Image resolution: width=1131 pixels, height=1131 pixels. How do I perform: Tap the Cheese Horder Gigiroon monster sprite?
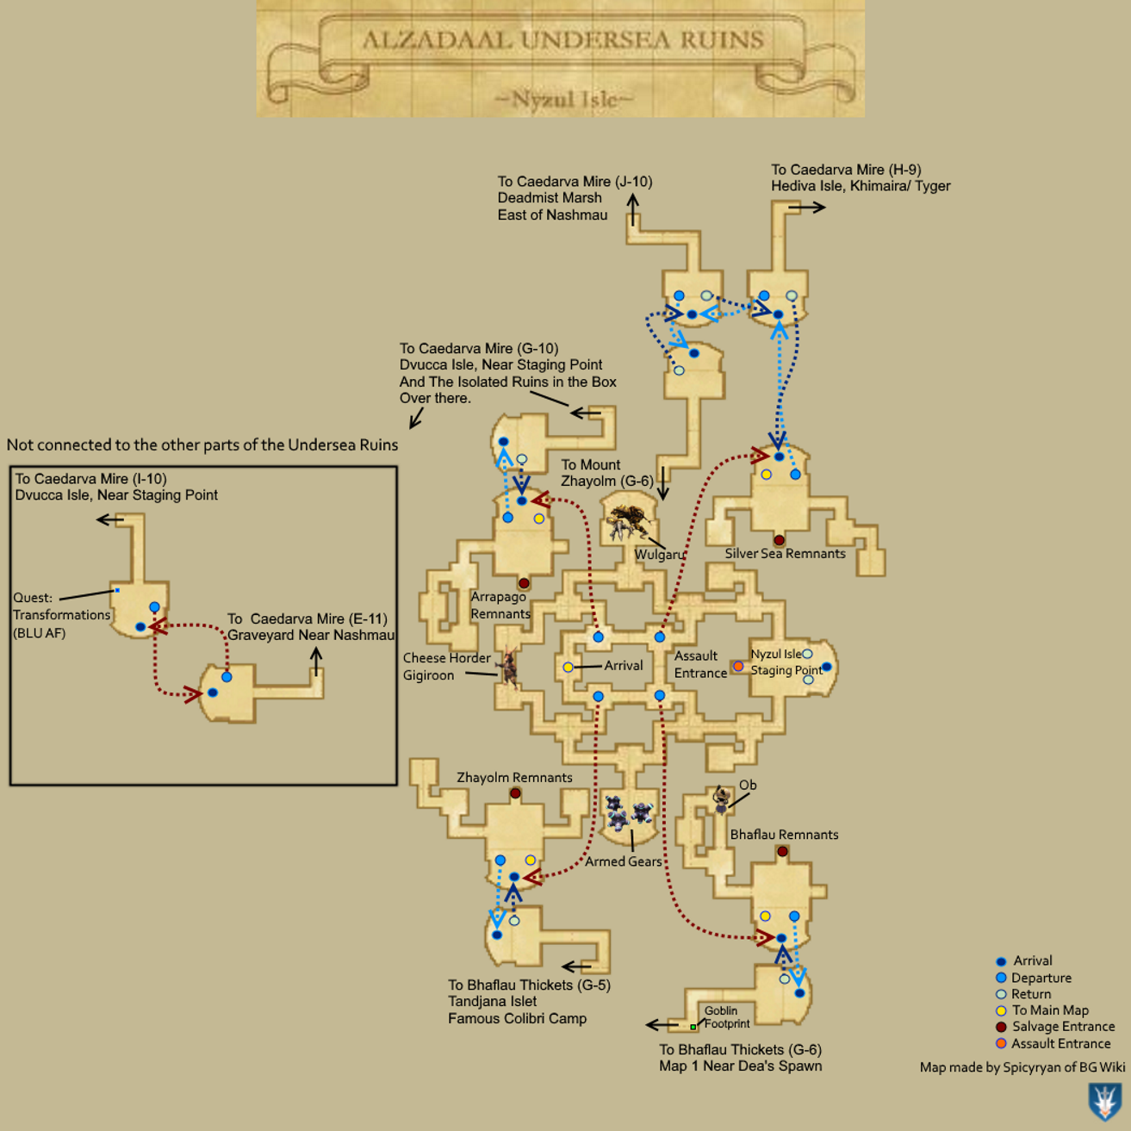coord(508,668)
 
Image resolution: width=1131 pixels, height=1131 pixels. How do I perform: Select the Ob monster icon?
coord(721,800)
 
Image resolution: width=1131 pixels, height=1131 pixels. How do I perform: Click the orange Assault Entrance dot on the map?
coord(737,666)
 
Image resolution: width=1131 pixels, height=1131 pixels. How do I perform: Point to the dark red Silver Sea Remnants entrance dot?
coord(779,540)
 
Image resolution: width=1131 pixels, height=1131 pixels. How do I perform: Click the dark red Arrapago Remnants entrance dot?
coord(524,583)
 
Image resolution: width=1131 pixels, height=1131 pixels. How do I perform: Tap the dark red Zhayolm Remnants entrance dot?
coord(515,793)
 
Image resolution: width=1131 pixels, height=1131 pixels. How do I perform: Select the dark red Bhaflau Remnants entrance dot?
coord(782,851)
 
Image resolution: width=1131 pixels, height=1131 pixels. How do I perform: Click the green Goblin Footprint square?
coord(693,1027)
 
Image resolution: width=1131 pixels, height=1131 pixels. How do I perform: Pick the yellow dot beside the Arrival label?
coord(568,668)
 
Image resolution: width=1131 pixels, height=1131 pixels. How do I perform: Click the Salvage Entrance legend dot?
coord(1001,1027)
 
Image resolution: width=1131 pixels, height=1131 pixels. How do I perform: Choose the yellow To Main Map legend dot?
coord(1001,1010)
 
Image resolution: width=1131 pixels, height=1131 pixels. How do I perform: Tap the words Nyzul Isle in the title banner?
coord(564,99)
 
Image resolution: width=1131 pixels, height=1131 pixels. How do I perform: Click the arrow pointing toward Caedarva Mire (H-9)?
coord(807,208)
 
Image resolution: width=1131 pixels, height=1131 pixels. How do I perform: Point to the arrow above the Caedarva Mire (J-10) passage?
coord(633,209)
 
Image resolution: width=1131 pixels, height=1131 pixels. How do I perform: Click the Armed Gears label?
coord(624,861)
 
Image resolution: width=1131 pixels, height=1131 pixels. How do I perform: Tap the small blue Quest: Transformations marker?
coord(117,590)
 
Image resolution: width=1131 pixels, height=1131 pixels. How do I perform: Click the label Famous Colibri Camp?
coord(517,1018)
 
